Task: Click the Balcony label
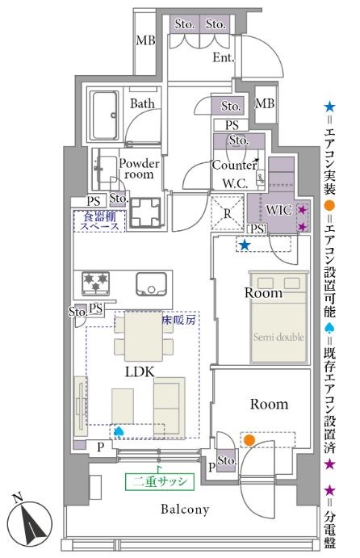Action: (x=185, y=510)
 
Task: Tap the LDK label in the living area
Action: (x=140, y=372)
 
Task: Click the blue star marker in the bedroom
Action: (x=245, y=245)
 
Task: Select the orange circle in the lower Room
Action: (x=249, y=440)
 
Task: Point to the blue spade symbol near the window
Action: (x=119, y=431)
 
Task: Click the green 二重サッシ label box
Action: (x=160, y=481)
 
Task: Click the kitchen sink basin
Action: (x=151, y=284)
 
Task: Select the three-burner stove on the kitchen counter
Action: (x=96, y=283)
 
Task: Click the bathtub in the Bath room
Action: (x=105, y=116)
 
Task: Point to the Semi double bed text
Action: (x=278, y=337)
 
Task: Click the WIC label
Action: (x=279, y=210)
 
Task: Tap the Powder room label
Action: (x=139, y=169)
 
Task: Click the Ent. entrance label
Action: (x=224, y=57)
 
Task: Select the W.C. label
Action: (x=235, y=183)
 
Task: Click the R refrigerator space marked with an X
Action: (x=227, y=213)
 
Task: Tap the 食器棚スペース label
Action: (x=100, y=221)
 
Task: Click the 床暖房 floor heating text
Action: (x=179, y=320)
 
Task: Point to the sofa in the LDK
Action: (x=170, y=408)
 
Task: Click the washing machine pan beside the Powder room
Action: (x=145, y=213)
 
